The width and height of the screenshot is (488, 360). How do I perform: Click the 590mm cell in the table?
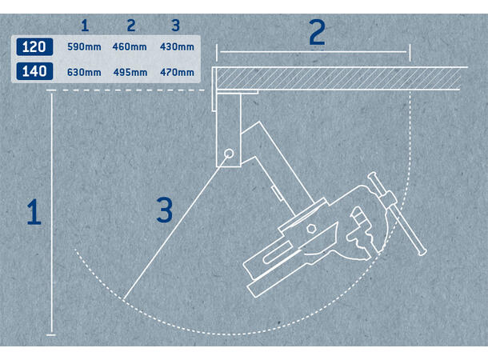click(x=84, y=47)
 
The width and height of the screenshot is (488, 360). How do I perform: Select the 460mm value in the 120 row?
click(x=130, y=47)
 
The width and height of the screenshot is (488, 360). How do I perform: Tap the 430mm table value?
click(x=177, y=47)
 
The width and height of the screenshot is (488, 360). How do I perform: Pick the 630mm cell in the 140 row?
click(x=84, y=73)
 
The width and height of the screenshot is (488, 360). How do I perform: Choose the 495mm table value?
click(x=130, y=73)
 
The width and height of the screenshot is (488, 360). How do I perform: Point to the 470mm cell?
click(x=177, y=73)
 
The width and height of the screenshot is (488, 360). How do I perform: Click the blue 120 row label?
click(x=34, y=47)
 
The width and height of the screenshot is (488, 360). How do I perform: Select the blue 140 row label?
click(x=34, y=71)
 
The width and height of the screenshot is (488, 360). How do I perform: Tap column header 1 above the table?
click(x=85, y=26)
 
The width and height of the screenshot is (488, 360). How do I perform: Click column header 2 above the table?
click(x=131, y=26)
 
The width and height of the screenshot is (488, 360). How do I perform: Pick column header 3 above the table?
click(x=176, y=26)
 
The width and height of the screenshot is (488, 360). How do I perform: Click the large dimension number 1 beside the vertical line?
click(x=34, y=211)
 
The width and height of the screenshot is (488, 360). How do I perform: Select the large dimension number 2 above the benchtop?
click(x=317, y=32)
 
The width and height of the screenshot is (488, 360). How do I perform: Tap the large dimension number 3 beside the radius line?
click(x=165, y=210)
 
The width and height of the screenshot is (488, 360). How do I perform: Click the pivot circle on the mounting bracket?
click(x=229, y=154)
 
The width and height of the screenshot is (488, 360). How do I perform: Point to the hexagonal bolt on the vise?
click(x=311, y=228)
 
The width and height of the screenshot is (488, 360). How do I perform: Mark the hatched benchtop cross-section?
click(x=338, y=78)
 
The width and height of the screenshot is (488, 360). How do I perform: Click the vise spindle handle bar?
click(x=397, y=214)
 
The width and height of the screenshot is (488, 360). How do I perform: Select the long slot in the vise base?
click(x=278, y=253)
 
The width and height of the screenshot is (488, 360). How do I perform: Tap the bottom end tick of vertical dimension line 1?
click(x=51, y=334)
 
